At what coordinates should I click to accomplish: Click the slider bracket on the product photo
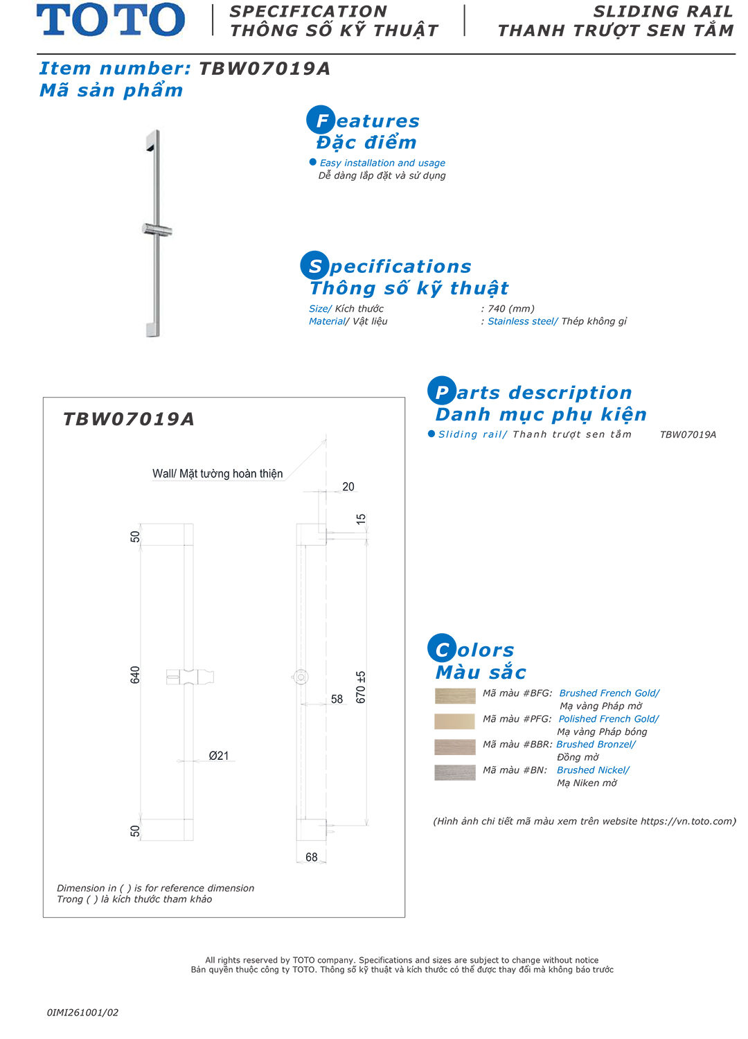pyautogui.click(x=157, y=230)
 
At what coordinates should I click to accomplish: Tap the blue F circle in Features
pyautogui.click(x=321, y=120)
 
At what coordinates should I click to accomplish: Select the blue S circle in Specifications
pyautogui.click(x=314, y=265)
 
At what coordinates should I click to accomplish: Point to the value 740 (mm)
pyautogui.click(x=511, y=309)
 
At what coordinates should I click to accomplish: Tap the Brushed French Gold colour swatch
pyautogui.click(x=455, y=695)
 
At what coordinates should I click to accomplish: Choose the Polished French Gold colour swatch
pyautogui.click(x=455, y=721)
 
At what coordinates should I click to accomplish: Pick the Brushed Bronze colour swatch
pyautogui.click(x=455, y=747)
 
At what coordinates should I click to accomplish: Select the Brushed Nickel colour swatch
pyautogui.click(x=455, y=772)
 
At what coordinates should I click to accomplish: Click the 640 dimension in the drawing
pyautogui.click(x=135, y=675)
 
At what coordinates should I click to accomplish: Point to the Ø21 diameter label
pyautogui.click(x=219, y=756)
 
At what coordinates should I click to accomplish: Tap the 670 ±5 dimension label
pyautogui.click(x=361, y=686)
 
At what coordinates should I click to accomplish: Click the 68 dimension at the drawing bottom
pyautogui.click(x=312, y=858)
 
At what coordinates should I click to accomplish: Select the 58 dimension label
pyautogui.click(x=337, y=700)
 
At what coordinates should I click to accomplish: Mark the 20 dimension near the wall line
pyautogui.click(x=348, y=487)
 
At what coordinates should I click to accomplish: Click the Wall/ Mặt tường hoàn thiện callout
pyautogui.click(x=217, y=474)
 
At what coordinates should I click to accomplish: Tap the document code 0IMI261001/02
pyautogui.click(x=82, y=1013)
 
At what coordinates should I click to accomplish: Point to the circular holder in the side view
pyautogui.click(x=301, y=677)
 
